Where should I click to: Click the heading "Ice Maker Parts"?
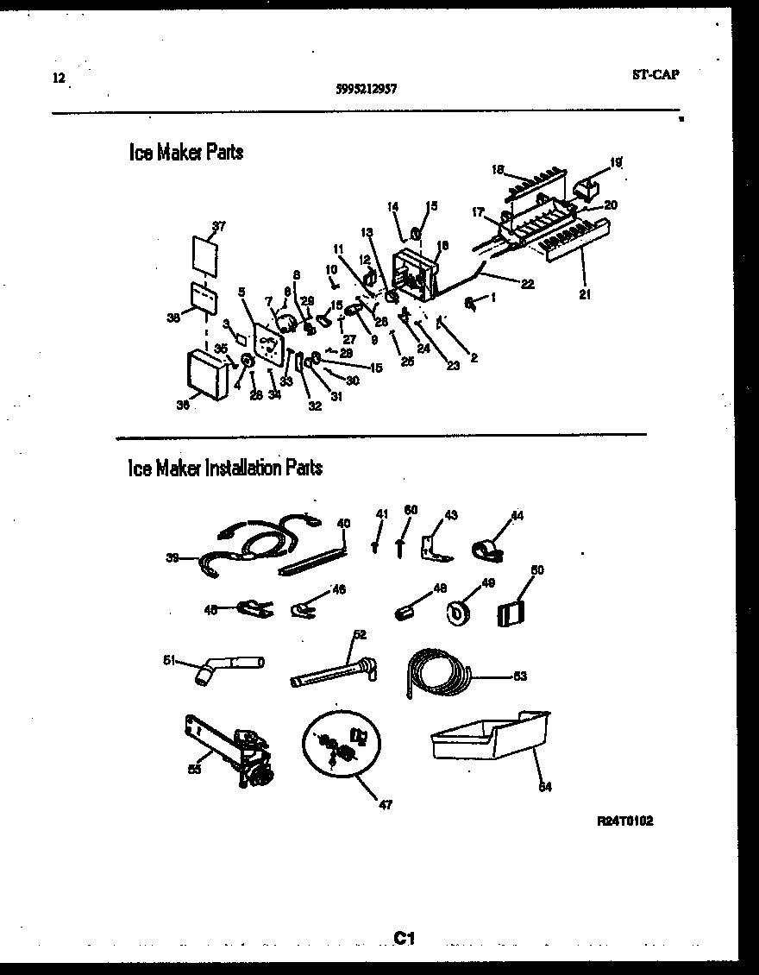click(x=185, y=153)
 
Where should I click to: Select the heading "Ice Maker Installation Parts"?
click(x=225, y=469)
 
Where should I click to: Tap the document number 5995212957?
click(x=367, y=87)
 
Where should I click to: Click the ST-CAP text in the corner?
click(x=655, y=74)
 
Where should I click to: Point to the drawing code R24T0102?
click(x=624, y=821)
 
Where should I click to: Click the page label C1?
click(x=405, y=937)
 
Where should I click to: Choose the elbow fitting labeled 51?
click(x=226, y=666)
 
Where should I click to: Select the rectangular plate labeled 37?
click(x=204, y=256)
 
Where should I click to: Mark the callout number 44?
click(x=517, y=516)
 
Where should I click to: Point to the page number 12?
click(x=58, y=77)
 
